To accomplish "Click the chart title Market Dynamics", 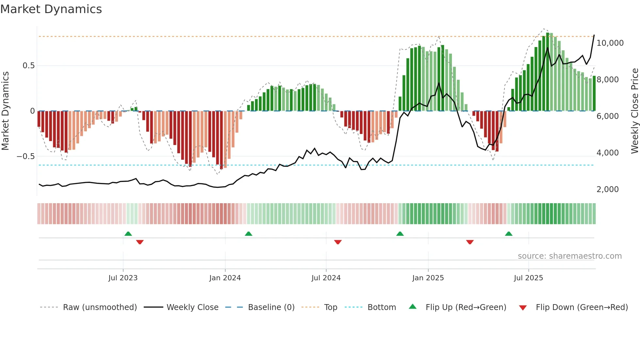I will pyautogui.click(x=51, y=9).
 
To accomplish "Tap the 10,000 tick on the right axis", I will pyautogui.click(x=610, y=43).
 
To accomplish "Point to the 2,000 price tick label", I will pyautogui.click(x=607, y=189).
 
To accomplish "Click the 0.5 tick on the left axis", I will pyautogui.click(x=28, y=66).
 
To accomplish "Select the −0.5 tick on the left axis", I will pyautogui.click(x=26, y=156).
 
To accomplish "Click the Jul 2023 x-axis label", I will pyautogui.click(x=123, y=278).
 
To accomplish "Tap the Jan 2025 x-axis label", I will pyautogui.click(x=428, y=278).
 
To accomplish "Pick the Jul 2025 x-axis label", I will pyautogui.click(x=528, y=278).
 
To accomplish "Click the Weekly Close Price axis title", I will pyautogui.click(x=634, y=111).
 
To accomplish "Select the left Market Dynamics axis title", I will pyautogui.click(x=5, y=111).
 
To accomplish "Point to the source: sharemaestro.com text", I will pyautogui.click(x=569, y=256).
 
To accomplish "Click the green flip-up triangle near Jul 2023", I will pyautogui.click(x=128, y=234).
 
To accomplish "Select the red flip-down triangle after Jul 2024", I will pyautogui.click(x=338, y=242).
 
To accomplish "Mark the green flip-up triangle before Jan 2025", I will pyautogui.click(x=400, y=234).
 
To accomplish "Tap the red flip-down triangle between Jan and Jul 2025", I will pyautogui.click(x=470, y=242).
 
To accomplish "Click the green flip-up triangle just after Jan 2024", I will pyautogui.click(x=248, y=234).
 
